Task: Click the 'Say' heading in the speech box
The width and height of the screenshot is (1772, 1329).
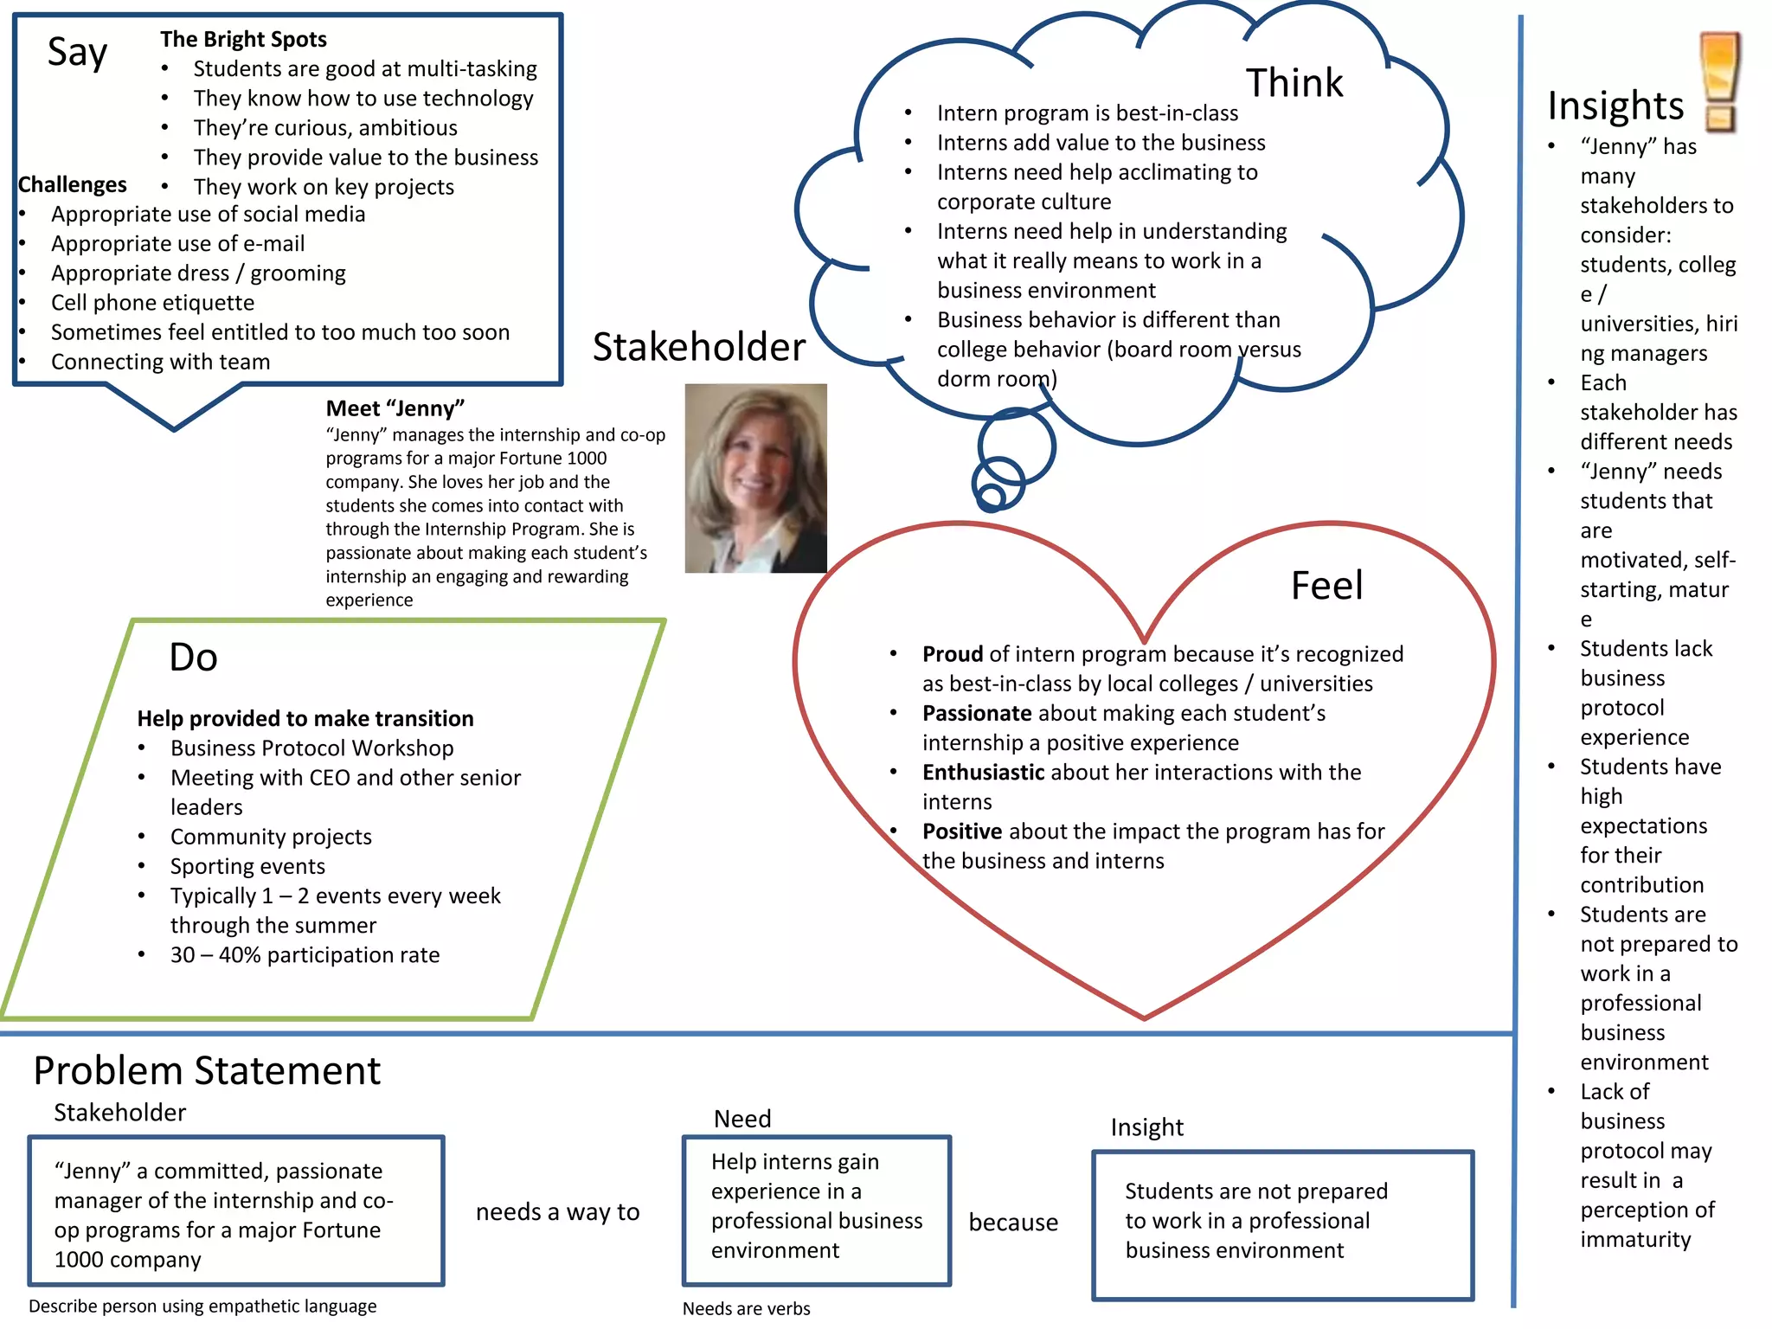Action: tap(77, 53)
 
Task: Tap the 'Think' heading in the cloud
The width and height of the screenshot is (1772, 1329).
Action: tap(1294, 83)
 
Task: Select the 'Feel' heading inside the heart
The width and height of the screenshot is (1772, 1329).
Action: tap(1326, 586)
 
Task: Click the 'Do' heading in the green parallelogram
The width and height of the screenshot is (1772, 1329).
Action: tap(193, 658)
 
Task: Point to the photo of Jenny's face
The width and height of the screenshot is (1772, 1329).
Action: tap(754, 478)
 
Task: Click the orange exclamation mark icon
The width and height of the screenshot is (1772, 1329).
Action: tap(1718, 82)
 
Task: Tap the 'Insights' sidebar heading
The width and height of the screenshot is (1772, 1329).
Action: tap(1615, 106)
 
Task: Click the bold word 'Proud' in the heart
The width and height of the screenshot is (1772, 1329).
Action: tap(952, 654)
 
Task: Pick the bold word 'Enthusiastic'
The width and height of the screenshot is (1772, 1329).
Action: tap(982, 773)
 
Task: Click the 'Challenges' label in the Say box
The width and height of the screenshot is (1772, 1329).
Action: tap(72, 185)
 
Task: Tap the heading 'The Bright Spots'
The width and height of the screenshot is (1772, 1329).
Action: tap(243, 40)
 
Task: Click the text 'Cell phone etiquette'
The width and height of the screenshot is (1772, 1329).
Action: tap(152, 303)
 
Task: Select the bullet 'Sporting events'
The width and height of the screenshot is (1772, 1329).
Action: tap(247, 867)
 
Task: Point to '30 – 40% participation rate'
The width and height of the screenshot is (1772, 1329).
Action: tap(305, 955)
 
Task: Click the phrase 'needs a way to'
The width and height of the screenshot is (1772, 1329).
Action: tap(557, 1212)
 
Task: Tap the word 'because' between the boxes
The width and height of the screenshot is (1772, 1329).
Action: tap(1012, 1223)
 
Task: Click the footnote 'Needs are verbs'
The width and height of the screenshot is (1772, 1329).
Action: tap(746, 1308)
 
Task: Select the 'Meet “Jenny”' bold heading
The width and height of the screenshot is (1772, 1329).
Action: tap(395, 408)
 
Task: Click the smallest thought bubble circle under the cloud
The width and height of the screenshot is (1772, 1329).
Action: tap(991, 497)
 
